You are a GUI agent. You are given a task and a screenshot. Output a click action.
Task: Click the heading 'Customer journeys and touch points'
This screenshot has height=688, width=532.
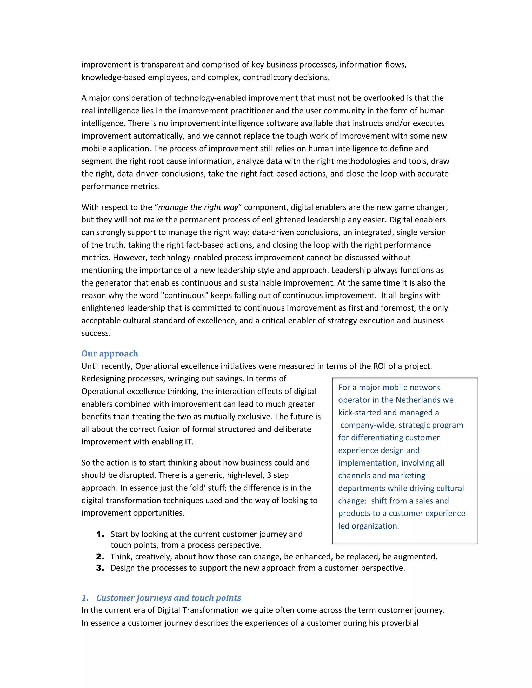click(168, 598)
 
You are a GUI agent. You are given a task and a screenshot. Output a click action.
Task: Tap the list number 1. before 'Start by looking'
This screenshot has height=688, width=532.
click(100, 534)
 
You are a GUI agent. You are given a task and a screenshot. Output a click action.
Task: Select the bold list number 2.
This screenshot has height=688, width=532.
click(100, 557)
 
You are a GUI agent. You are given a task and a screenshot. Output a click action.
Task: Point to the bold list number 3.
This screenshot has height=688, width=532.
click(100, 568)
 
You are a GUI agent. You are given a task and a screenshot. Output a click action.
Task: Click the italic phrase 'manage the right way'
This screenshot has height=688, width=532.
click(198, 207)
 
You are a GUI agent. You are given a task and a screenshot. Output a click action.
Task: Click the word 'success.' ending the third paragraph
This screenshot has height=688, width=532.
click(96, 333)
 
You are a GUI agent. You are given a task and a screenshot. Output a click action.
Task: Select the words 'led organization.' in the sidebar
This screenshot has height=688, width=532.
click(368, 526)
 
